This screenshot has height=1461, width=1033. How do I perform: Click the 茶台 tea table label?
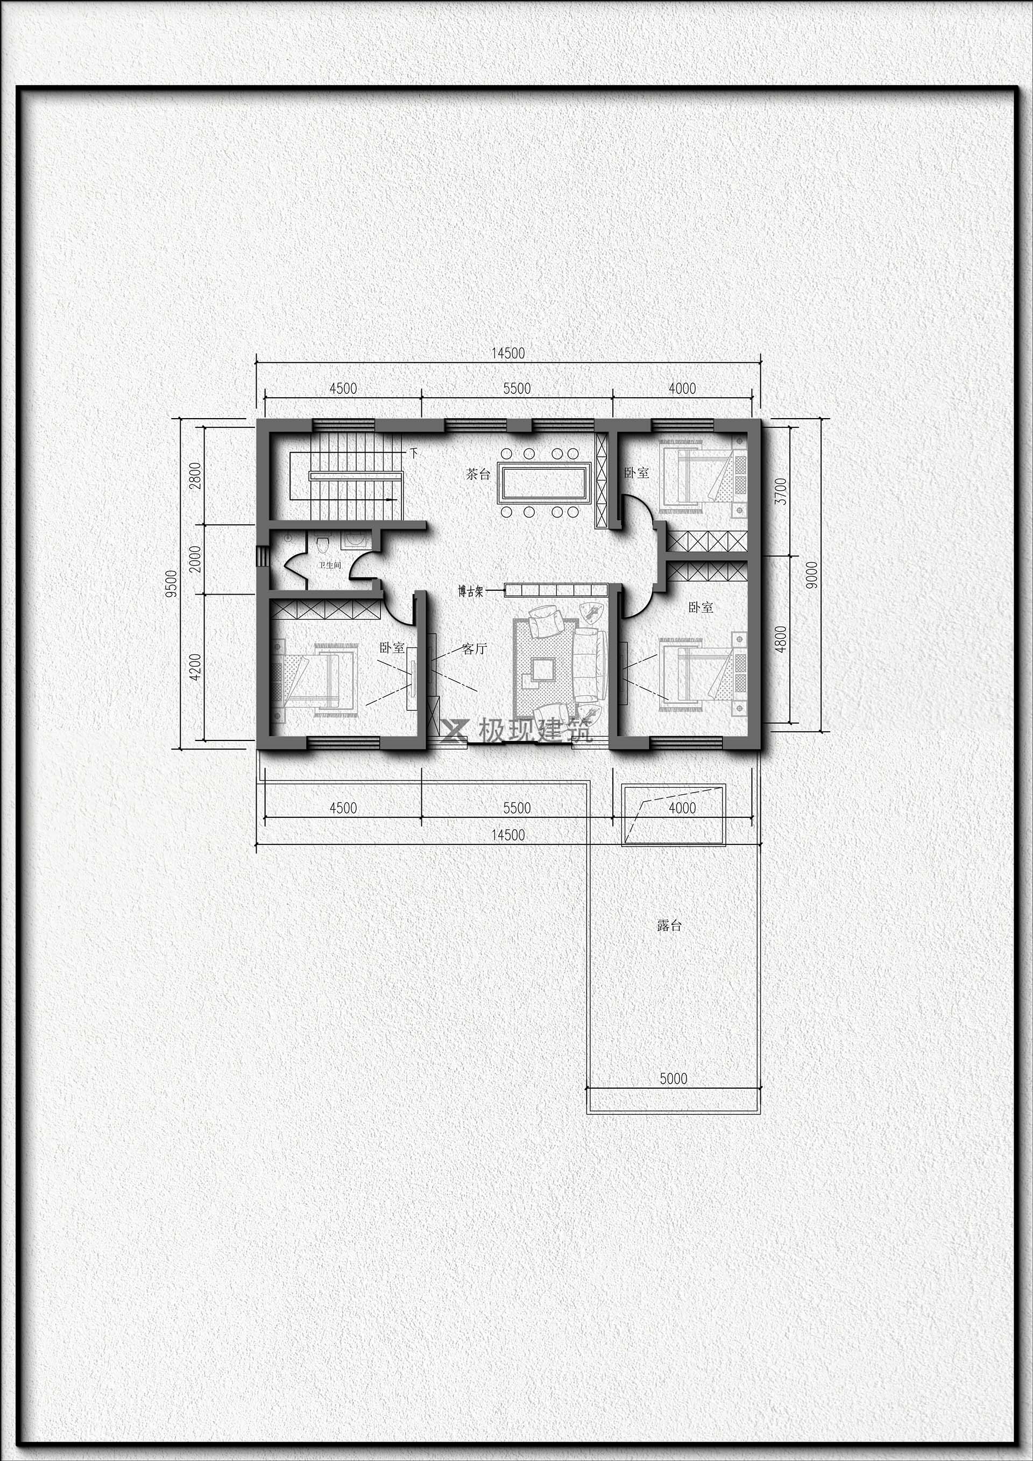[478, 474]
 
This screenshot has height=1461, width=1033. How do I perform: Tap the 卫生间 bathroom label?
[330, 564]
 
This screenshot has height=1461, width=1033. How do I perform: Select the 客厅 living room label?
[475, 649]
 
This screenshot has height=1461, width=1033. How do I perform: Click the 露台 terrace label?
[669, 925]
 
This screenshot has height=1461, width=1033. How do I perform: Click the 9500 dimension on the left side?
[171, 583]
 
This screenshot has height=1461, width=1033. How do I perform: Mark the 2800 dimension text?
[196, 475]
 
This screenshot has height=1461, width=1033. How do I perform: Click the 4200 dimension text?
[196, 667]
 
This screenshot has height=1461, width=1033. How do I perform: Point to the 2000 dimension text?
[196, 559]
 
